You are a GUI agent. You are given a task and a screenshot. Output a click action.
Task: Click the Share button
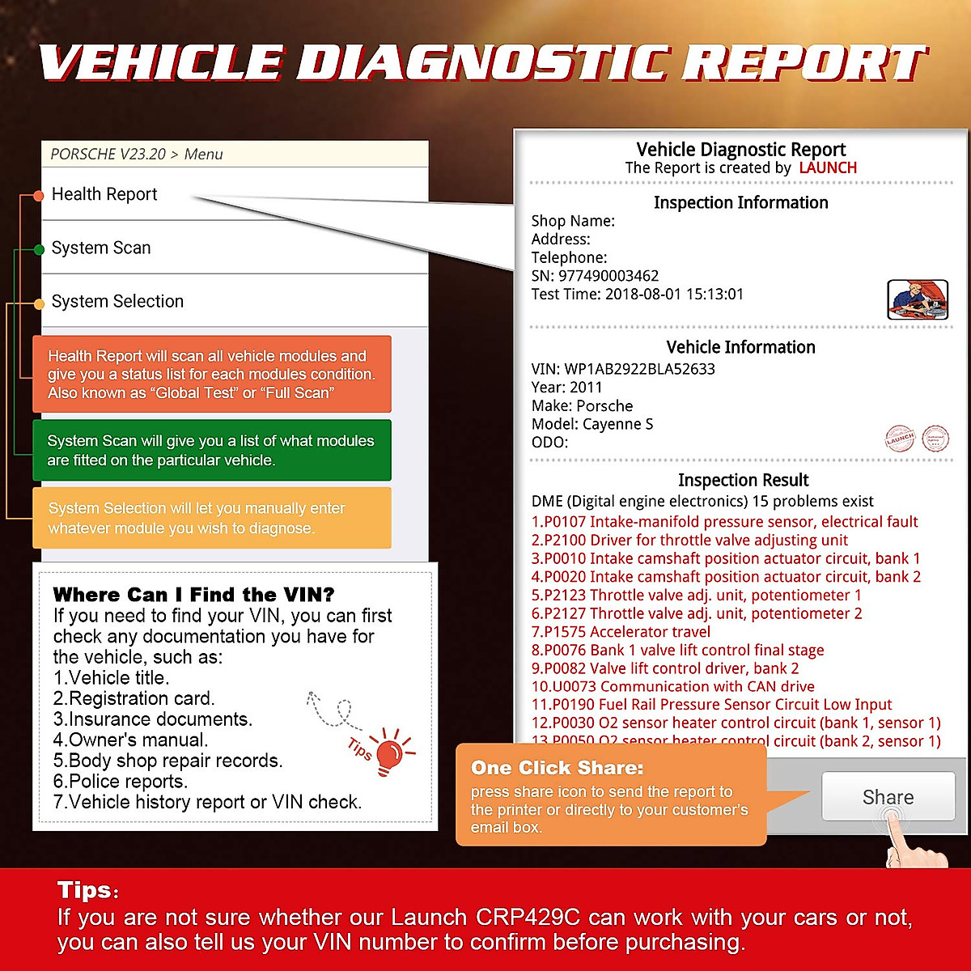coord(888,797)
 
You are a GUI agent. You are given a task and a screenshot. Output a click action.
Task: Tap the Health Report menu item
coord(104,194)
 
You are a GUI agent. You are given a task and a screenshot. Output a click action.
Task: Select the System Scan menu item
coord(101,248)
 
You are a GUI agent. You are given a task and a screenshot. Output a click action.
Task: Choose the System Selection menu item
coord(117,301)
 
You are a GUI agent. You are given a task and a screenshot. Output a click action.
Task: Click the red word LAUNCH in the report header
coord(827,167)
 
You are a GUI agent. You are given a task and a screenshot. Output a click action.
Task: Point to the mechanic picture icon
coord(917,299)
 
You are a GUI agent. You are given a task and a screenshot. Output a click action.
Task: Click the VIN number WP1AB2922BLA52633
coord(639,369)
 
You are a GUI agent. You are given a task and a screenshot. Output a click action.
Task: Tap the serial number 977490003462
coord(608,276)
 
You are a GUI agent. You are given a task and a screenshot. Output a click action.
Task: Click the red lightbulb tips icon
coord(389,753)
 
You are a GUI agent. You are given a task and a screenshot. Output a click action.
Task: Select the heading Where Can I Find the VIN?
coord(193,595)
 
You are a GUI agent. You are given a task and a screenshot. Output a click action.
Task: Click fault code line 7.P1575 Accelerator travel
coord(621,632)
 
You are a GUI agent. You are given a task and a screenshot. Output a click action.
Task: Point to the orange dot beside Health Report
coord(38,196)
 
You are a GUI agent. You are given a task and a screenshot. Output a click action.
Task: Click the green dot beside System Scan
coord(38,250)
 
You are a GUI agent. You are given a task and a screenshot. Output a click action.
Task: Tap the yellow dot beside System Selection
coord(38,304)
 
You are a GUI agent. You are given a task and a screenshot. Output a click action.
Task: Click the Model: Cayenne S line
coord(592,424)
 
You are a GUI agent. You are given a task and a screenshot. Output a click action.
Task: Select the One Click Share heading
coord(557,767)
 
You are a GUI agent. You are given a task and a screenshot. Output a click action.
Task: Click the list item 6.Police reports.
coord(121,782)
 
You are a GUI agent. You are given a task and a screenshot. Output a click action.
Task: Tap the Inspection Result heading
coord(743,480)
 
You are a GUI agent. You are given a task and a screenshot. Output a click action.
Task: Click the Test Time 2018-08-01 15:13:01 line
coord(637,295)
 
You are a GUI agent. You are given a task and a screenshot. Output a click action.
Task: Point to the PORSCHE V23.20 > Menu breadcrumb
coord(136,154)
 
